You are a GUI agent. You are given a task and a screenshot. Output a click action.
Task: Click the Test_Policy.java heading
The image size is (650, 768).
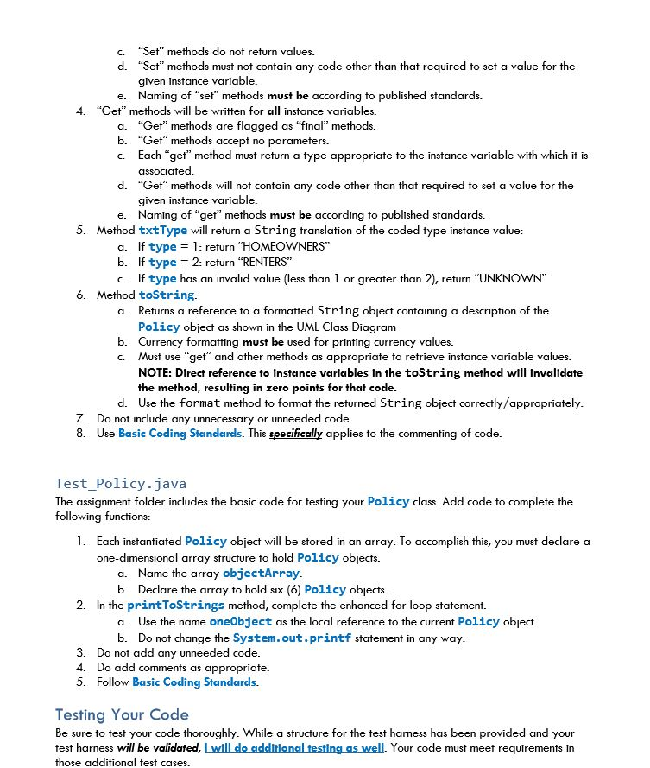pyautogui.click(x=121, y=484)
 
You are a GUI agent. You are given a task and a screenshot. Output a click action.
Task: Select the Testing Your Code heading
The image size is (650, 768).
pyautogui.click(x=122, y=714)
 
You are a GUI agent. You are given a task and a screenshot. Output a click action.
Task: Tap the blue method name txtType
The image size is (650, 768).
pyautogui.click(x=162, y=231)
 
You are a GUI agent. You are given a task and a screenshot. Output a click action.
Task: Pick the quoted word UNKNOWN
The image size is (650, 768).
pyautogui.click(x=513, y=278)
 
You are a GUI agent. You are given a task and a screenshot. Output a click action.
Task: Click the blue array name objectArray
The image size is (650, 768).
pyautogui.click(x=261, y=574)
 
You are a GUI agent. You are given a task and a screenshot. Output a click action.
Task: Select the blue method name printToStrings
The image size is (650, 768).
pyautogui.click(x=175, y=606)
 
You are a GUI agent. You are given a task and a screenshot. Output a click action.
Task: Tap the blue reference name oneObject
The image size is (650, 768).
pyautogui.click(x=240, y=622)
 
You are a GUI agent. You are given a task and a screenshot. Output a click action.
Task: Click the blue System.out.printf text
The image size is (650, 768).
pyautogui.click(x=292, y=638)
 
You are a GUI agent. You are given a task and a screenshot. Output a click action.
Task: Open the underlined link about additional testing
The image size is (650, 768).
pyautogui.click(x=293, y=747)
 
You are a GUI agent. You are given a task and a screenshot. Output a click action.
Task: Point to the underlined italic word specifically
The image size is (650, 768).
pyautogui.click(x=295, y=434)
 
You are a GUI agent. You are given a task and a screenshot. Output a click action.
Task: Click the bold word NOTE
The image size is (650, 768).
pyautogui.click(x=155, y=373)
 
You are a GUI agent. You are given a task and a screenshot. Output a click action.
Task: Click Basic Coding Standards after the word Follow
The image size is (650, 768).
pyautogui.click(x=194, y=682)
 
